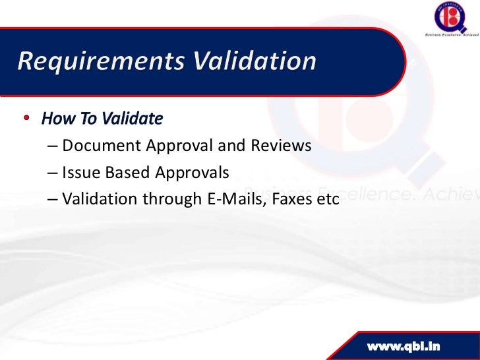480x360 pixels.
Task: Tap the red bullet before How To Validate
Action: coord(27,119)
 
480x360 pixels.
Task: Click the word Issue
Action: coord(78,173)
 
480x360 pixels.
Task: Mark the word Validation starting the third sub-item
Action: coord(97,199)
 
